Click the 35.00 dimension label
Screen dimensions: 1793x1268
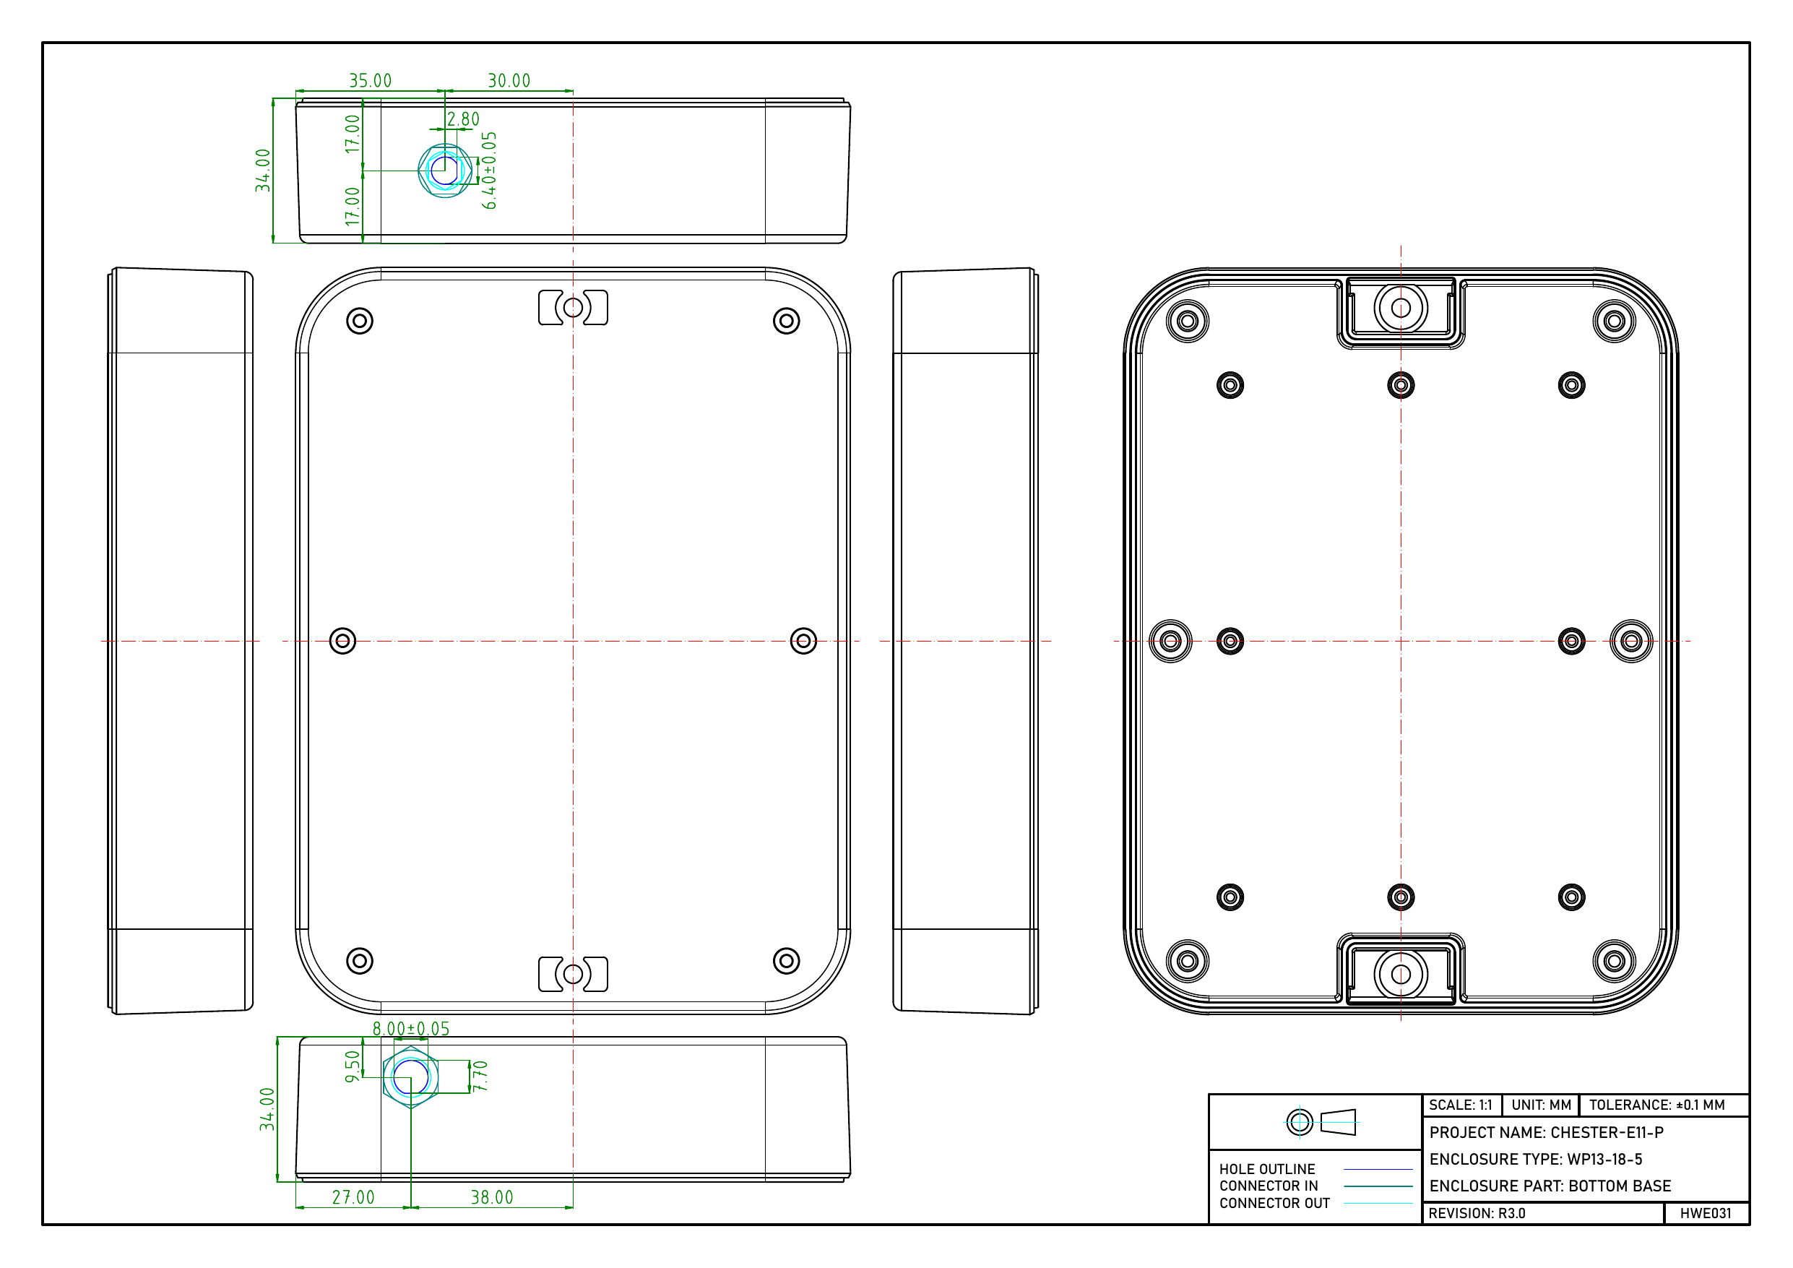[x=370, y=80]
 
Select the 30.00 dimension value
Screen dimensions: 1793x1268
[x=509, y=80]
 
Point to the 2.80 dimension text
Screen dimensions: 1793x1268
[x=463, y=119]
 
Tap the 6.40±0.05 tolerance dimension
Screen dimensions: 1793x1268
[x=489, y=171]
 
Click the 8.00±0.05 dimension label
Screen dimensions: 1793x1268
[x=411, y=1029]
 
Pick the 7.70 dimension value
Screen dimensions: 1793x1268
[x=480, y=1077]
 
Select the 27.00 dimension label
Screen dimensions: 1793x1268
[x=353, y=1198]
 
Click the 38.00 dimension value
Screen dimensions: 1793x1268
[x=492, y=1198]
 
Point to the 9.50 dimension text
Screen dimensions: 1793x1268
[x=353, y=1066]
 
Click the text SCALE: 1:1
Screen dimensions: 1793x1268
[x=1460, y=1105]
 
